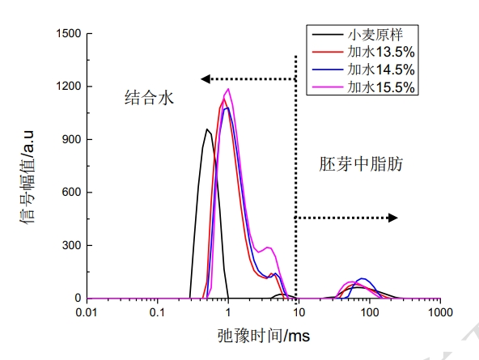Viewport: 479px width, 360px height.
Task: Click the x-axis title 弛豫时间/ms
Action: [x=264, y=335]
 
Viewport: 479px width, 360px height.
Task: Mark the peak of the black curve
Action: [x=207, y=129]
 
